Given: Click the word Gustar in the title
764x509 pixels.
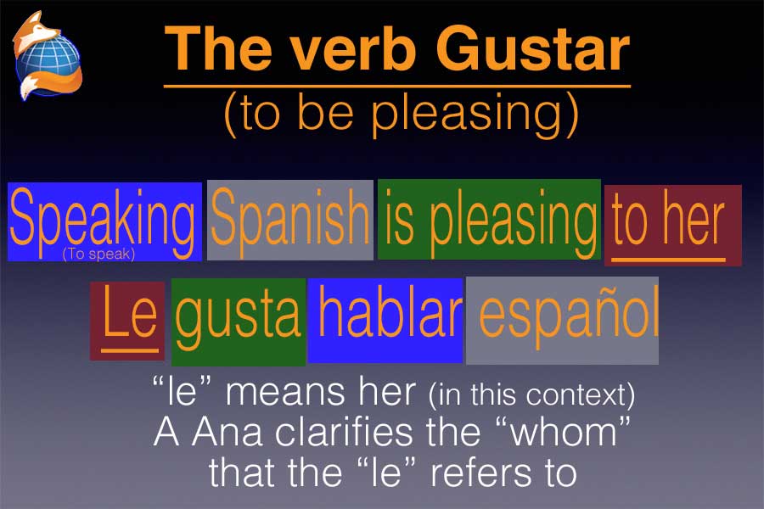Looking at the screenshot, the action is click(x=532, y=49).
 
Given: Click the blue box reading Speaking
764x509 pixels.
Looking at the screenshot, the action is click(x=104, y=221).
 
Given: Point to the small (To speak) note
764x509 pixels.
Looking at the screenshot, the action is click(x=98, y=254).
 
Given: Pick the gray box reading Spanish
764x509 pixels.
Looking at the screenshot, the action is click(x=290, y=220).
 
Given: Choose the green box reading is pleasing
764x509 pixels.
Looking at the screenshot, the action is click(x=489, y=219).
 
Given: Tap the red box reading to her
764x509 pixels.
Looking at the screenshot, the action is click(x=673, y=225).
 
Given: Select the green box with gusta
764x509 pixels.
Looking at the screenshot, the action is click(x=239, y=322).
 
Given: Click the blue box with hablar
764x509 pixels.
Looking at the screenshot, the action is click(x=385, y=321).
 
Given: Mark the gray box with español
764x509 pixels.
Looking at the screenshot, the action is click(x=562, y=321).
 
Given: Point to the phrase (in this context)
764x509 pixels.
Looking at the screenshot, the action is click(x=531, y=395).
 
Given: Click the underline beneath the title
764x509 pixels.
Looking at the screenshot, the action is click(x=397, y=87).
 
